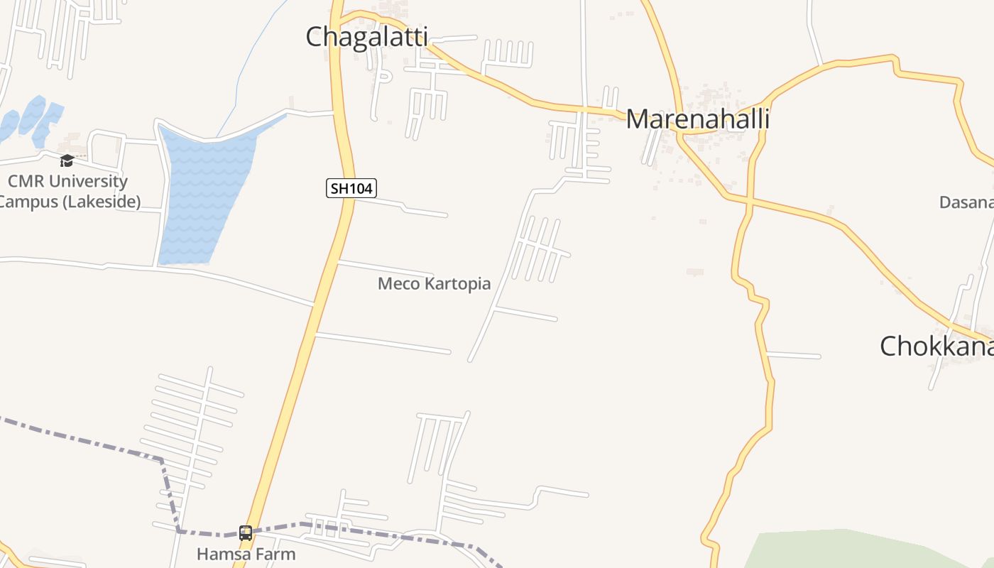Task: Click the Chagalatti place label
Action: pos(366,37)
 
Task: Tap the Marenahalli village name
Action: pos(697,119)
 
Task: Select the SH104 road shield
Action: pos(351,188)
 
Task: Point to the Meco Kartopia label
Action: pos(434,284)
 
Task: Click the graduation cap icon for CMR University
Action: pos(67,160)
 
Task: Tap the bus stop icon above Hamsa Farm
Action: pos(246,532)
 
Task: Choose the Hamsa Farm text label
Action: pos(246,554)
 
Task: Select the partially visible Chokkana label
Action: pos(936,346)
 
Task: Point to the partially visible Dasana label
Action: pos(966,202)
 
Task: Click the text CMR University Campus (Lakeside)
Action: pos(68,190)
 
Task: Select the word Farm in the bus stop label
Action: pos(278,554)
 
